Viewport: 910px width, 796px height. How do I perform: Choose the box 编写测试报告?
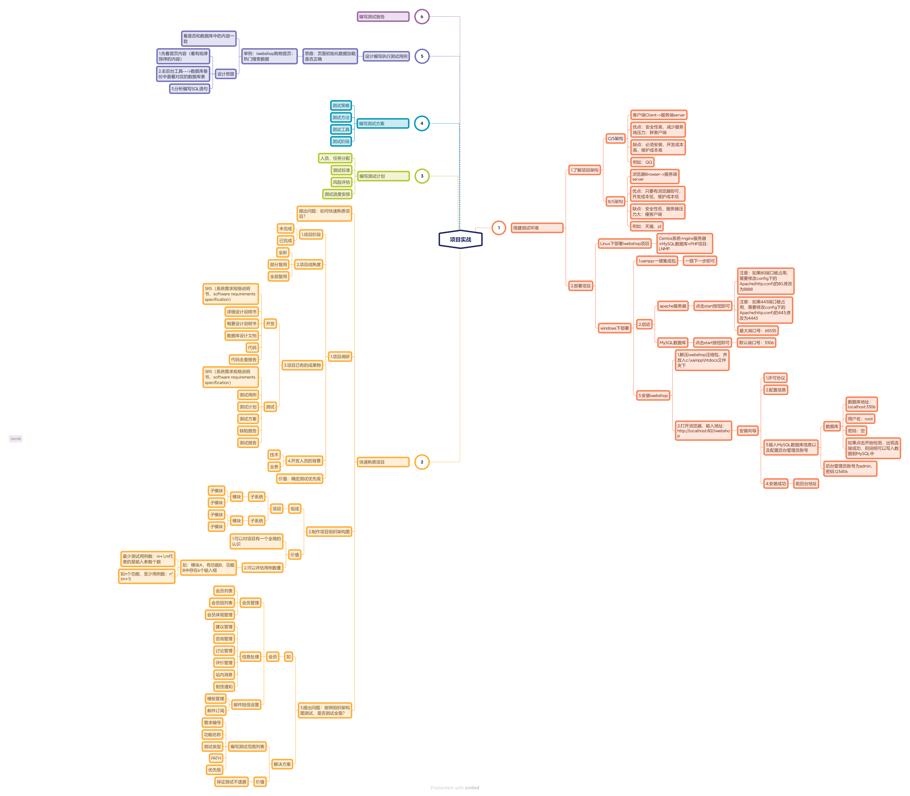click(x=383, y=17)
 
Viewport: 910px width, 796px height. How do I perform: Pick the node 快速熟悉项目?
click(x=383, y=462)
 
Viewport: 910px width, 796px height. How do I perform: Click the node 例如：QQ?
click(x=642, y=162)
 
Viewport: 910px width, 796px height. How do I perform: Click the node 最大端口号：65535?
click(x=758, y=330)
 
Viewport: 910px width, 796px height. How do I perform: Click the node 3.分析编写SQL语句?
click(x=190, y=89)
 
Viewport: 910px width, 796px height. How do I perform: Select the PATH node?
click(x=216, y=758)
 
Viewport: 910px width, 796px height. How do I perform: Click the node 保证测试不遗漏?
click(x=231, y=782)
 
